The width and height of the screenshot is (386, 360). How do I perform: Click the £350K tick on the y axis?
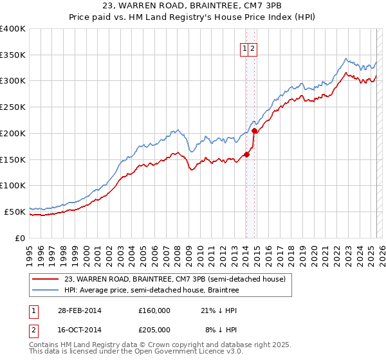(x=13, y=55)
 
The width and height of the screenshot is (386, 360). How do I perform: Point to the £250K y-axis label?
(x=13, y=107)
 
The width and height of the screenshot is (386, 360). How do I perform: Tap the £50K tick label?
(x=15, y=211)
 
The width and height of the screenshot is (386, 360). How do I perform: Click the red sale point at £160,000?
(x=246, y=154)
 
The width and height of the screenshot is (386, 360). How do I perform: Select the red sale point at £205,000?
(x=254, y=130)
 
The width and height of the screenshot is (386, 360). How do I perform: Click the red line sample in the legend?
(x=46, y=279)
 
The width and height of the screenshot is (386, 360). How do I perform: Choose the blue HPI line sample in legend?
(x=46, y=291)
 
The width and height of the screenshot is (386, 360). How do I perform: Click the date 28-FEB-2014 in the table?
(x=80, y=310)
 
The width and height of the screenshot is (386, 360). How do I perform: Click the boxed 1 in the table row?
(x=33, y=310)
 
